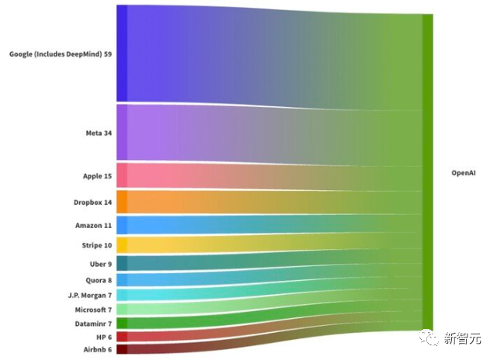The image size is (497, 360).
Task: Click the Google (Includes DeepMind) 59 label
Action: [61, 54]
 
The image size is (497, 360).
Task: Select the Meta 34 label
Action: [99, 133]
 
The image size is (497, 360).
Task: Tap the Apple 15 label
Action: [97, 176]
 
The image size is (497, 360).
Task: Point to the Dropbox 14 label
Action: [92, 202]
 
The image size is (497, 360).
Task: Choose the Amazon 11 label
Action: [93, 225]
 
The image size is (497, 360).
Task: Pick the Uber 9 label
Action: [99, 264]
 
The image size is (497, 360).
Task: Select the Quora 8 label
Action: [99, 280]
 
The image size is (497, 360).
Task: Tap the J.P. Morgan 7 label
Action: [89, 296]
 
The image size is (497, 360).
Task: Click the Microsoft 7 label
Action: [92, 310]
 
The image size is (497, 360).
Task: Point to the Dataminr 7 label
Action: [92, 323]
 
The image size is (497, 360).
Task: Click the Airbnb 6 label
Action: [98, 350]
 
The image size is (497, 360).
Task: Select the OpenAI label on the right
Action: [463, 173]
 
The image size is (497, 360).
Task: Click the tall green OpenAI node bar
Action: [427, 171]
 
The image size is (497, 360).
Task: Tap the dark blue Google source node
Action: [122, 53]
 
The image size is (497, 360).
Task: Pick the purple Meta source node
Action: [122, 133]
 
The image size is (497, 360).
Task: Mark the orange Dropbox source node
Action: [122, 202]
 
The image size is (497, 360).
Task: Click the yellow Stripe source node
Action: [122, 246]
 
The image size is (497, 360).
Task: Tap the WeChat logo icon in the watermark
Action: [429, 339]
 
